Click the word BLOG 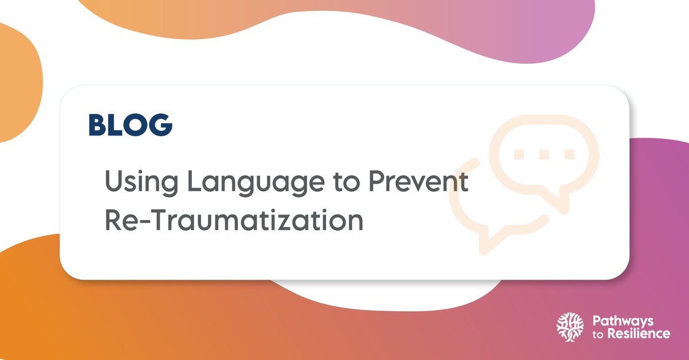[130, 125]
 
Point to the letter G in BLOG [160, 125]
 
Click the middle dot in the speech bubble [544, 154]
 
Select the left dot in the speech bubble [519, 154]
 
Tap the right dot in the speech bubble [569, 154]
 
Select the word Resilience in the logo [637, 334]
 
